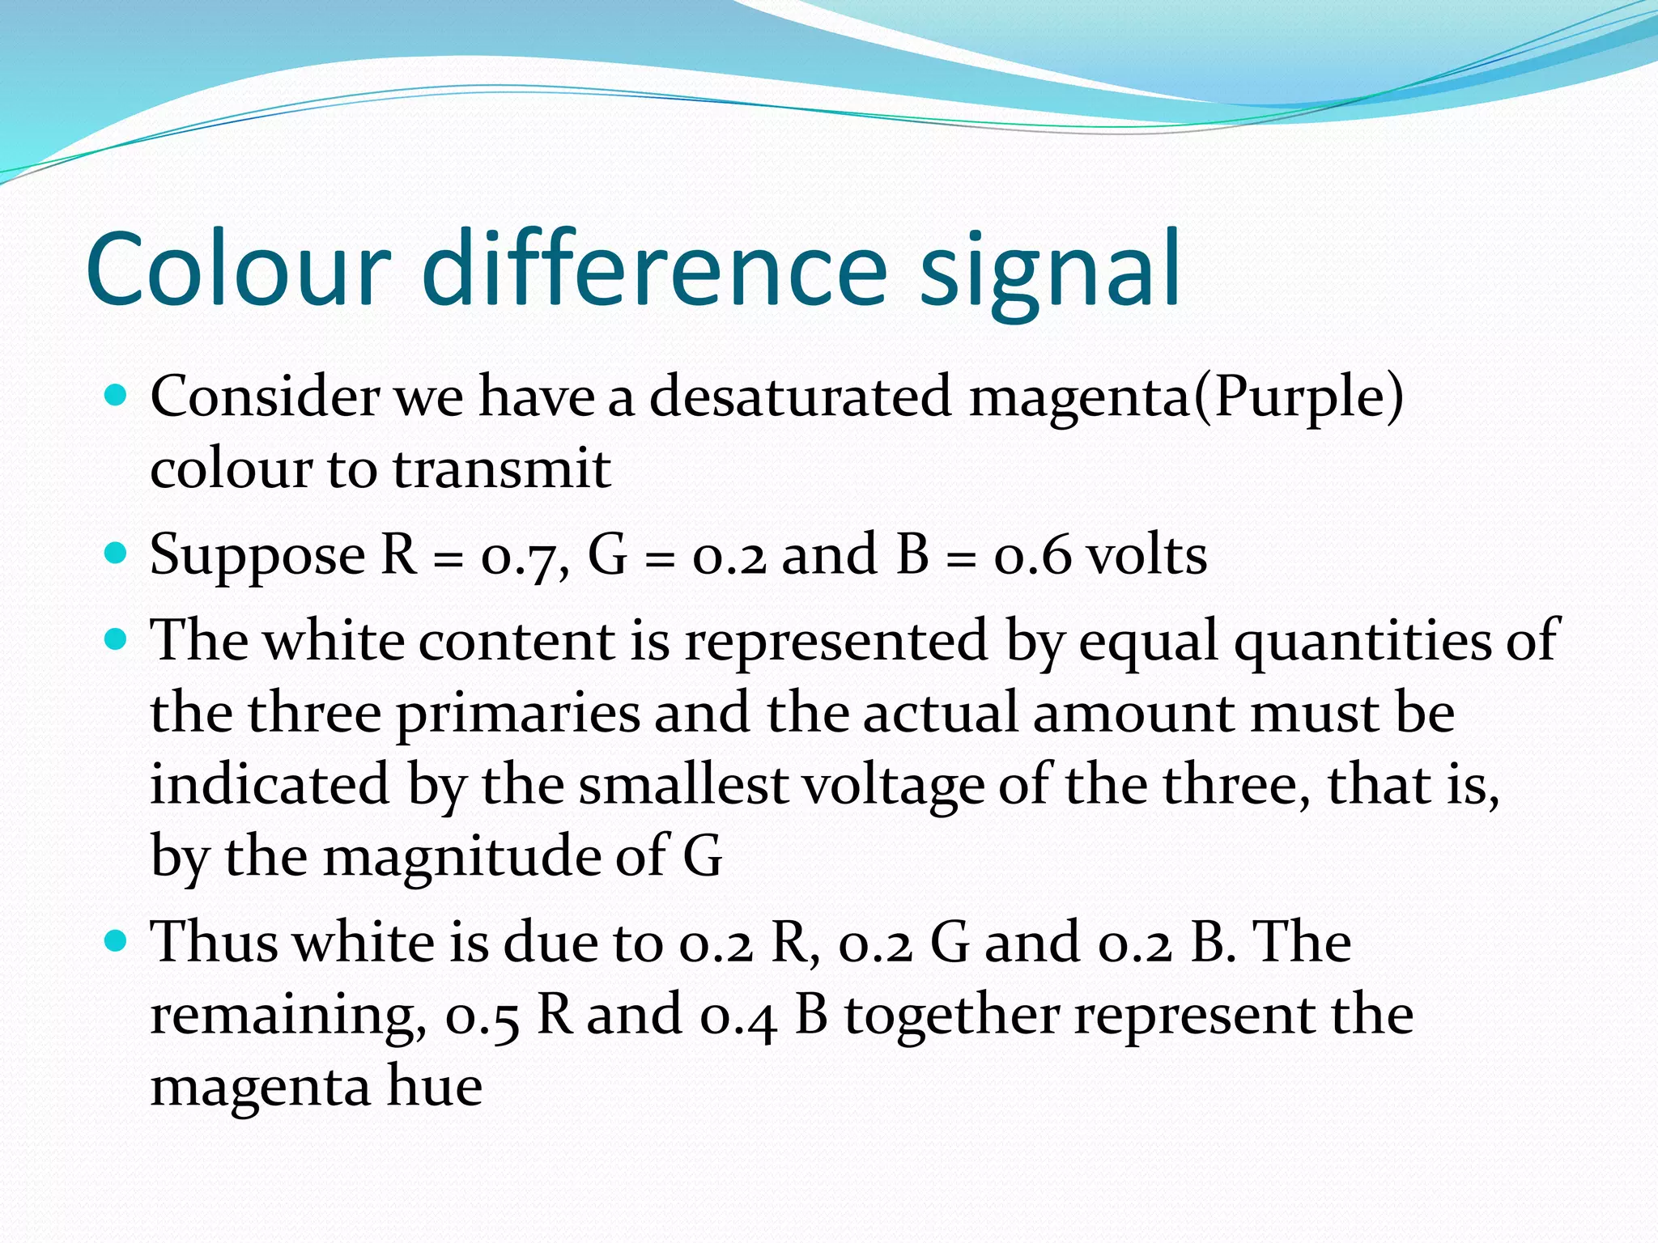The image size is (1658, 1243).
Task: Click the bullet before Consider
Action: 117,397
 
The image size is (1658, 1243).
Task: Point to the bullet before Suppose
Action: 117,554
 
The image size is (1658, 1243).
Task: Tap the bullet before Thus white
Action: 117,941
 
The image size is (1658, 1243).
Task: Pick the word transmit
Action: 502,469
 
